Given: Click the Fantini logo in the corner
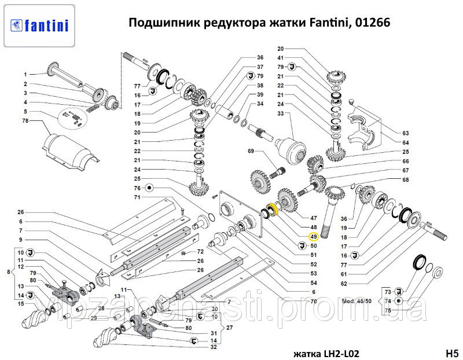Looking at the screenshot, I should tap(39, 24).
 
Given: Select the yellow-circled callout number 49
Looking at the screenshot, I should tap(313, 237).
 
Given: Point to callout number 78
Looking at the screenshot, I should tap(25, 120).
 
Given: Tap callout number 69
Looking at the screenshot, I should tap(251, 151).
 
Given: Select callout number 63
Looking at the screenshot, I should tap(406, 132).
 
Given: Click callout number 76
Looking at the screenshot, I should tap(137, 188).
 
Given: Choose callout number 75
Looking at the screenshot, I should tap(387, 311).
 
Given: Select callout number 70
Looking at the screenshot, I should tap(313, 302).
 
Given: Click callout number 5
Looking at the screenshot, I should tap(25, 111).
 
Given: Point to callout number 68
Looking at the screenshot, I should tap(406, 179).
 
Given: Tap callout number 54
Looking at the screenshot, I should tap(313, 282).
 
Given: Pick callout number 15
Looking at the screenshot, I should tap(20, 304).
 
